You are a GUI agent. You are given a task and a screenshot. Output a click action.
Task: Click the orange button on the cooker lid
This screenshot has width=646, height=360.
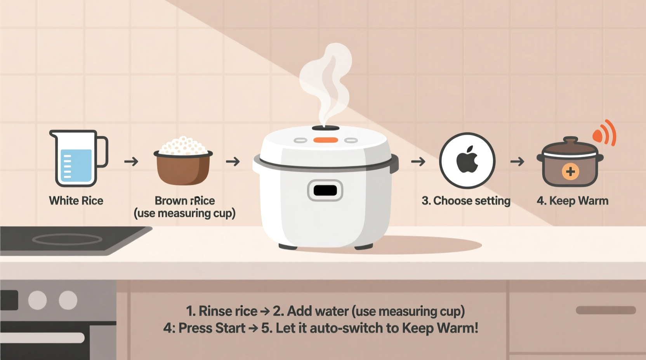click(325, 140)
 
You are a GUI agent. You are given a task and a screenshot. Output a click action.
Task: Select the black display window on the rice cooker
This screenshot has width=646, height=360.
click(325, 190)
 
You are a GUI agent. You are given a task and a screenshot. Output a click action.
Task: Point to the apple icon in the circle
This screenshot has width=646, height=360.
click(467, 160)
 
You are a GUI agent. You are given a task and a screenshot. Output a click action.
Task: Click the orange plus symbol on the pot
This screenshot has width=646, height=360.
click(570, 171)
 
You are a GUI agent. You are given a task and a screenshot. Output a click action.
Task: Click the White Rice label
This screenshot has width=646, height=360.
click(76, 201)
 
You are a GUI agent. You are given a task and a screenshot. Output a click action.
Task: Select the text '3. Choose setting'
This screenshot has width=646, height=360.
click(466, 201)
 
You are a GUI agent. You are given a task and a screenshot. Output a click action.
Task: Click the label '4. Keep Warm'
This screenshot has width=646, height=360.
click(572, 201)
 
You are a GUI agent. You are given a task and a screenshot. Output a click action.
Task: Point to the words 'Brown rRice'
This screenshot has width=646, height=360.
click(184, 201)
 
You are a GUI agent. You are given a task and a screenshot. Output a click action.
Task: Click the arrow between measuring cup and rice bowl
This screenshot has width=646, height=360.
click(131, 161)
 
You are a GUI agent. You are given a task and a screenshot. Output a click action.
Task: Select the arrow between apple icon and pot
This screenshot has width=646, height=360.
click(517, 161)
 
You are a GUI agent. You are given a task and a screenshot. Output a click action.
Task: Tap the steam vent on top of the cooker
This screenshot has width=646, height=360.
click(325, 128)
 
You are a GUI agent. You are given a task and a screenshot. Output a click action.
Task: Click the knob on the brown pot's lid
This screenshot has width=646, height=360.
click(570, 140)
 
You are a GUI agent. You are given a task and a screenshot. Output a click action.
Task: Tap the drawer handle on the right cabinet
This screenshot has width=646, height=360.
click(605, 310)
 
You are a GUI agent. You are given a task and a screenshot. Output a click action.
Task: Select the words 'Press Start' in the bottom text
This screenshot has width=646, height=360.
click(212, 328)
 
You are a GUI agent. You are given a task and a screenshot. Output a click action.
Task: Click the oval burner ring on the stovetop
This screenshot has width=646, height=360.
click(67, 239)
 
